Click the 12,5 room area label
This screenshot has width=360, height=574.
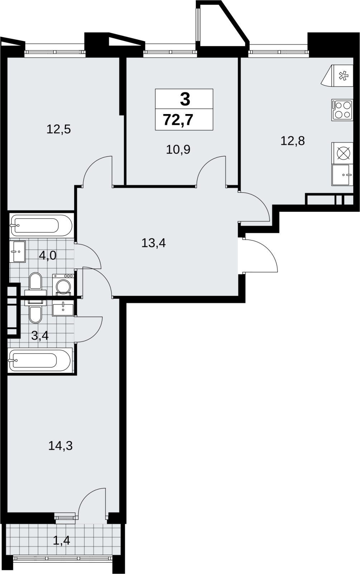pyautogui.click(x=59, y=130)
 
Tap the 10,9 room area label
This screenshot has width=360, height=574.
pyautogui.click(x=178, y=149)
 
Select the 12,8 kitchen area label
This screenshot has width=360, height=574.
pyautogui.click(x=293, y=141)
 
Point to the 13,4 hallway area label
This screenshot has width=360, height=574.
pyautogui.click(x=153, y=243)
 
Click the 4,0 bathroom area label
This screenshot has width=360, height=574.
pyautogui.click(x=48, y=255)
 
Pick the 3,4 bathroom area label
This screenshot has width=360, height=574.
pyautogui.click(x=40, y=335)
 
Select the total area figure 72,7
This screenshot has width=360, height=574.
pyautogui.click(x=178, y=120)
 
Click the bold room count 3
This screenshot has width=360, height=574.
pyautogui.click(x=185, y=99)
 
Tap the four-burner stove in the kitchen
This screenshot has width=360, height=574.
pyautogui.click(x=342, y=110)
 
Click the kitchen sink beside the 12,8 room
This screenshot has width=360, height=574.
pyautogui.click(x=342, y=175)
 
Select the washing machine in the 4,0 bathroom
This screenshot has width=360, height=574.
pyautogui.click(x=63, y=285)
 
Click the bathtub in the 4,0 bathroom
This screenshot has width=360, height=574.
pyautogui.click(x=41, y=226)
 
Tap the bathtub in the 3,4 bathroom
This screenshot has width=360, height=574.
pyautogui.click(x=40, y=360)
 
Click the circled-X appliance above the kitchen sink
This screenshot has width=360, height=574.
pyautogui.click(x=342, y=153)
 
